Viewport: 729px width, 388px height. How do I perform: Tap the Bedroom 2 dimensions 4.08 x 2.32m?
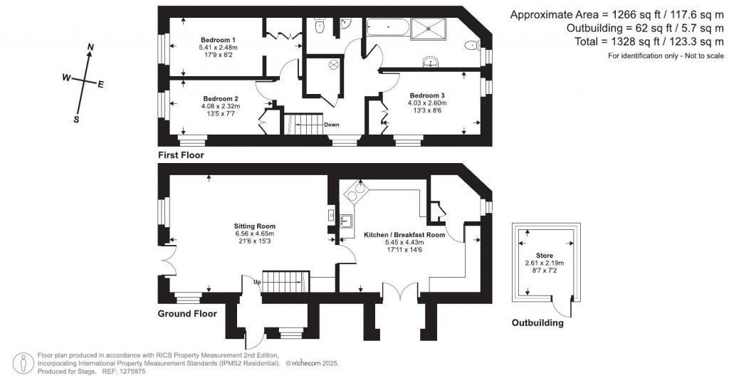coord(220,107)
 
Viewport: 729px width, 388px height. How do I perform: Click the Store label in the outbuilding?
coord(545,254)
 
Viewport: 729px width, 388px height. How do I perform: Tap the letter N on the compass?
coord(90,48)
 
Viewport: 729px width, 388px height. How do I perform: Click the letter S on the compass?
coord(76,120)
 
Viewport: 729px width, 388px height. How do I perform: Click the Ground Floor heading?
coord(187,313)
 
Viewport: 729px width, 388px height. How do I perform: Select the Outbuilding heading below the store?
coord(537,323)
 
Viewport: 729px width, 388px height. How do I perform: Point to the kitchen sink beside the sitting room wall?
coord(346,220)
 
